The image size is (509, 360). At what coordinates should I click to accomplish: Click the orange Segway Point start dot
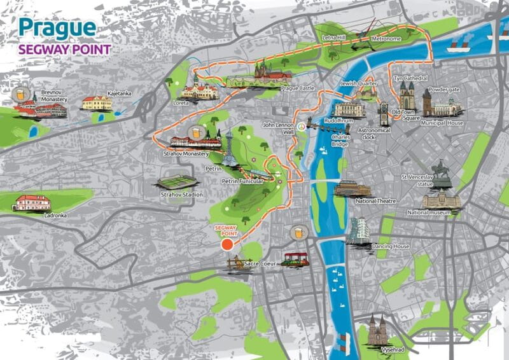pos(227,244)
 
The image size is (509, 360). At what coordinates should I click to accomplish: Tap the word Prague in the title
pos(57,27)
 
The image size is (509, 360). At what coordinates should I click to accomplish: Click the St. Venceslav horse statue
pos(442,174)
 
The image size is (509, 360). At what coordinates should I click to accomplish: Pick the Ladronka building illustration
pos(32,202)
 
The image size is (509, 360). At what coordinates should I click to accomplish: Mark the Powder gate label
pos(444,90)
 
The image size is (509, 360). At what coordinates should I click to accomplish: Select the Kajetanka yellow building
pos(97,103)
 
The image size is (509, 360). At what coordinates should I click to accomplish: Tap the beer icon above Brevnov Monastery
pos(24,93)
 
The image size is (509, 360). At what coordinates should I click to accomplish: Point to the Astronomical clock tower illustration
pos(383,114)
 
